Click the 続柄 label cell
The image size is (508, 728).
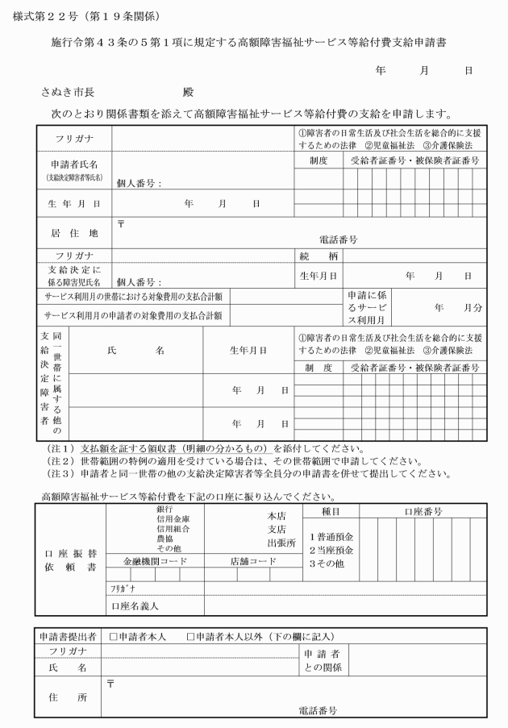318,256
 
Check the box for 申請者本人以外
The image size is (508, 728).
192,637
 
